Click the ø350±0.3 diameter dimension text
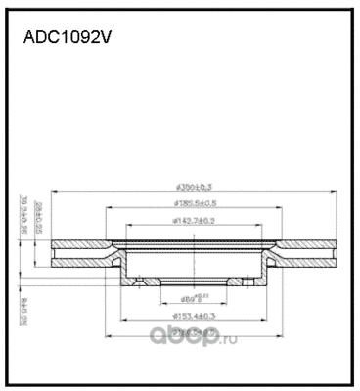193,185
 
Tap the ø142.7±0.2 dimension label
192,222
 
